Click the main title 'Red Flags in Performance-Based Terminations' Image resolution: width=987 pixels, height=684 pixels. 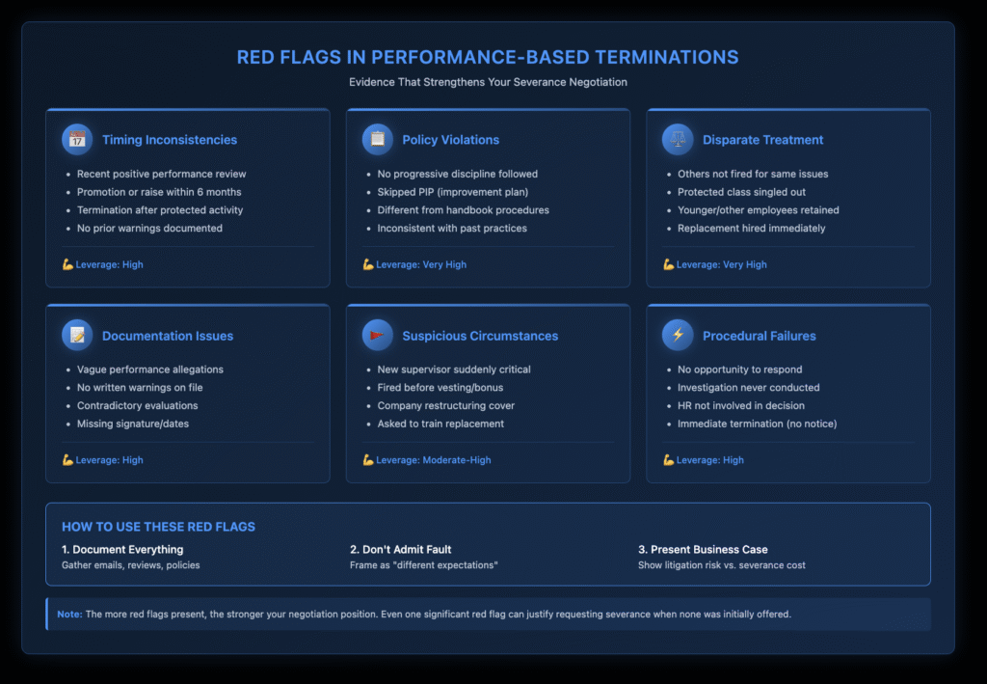point(488,57)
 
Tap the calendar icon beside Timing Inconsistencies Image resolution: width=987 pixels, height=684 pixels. point(76,139)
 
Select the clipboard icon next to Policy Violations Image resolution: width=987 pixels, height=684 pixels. point(377,139)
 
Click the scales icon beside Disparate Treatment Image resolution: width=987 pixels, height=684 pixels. point(677,139)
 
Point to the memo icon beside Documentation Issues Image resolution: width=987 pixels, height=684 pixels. point(76,336)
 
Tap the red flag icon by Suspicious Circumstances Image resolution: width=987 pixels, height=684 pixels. point(377,336)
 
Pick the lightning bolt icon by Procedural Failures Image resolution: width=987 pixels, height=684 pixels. point(677,336)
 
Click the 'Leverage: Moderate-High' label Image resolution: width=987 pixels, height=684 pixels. point(433,460)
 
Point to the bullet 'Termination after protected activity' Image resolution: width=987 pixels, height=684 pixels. point(160,210)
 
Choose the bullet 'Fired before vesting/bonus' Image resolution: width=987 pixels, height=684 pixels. point(440,388)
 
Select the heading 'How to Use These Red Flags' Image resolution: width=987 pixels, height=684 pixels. point(158,527)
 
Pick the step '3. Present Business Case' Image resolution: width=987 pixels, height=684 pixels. point(703,549)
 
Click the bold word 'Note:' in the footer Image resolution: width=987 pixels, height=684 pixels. point(69,614)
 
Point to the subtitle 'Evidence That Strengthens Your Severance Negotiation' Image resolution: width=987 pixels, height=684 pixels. point(488,82)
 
